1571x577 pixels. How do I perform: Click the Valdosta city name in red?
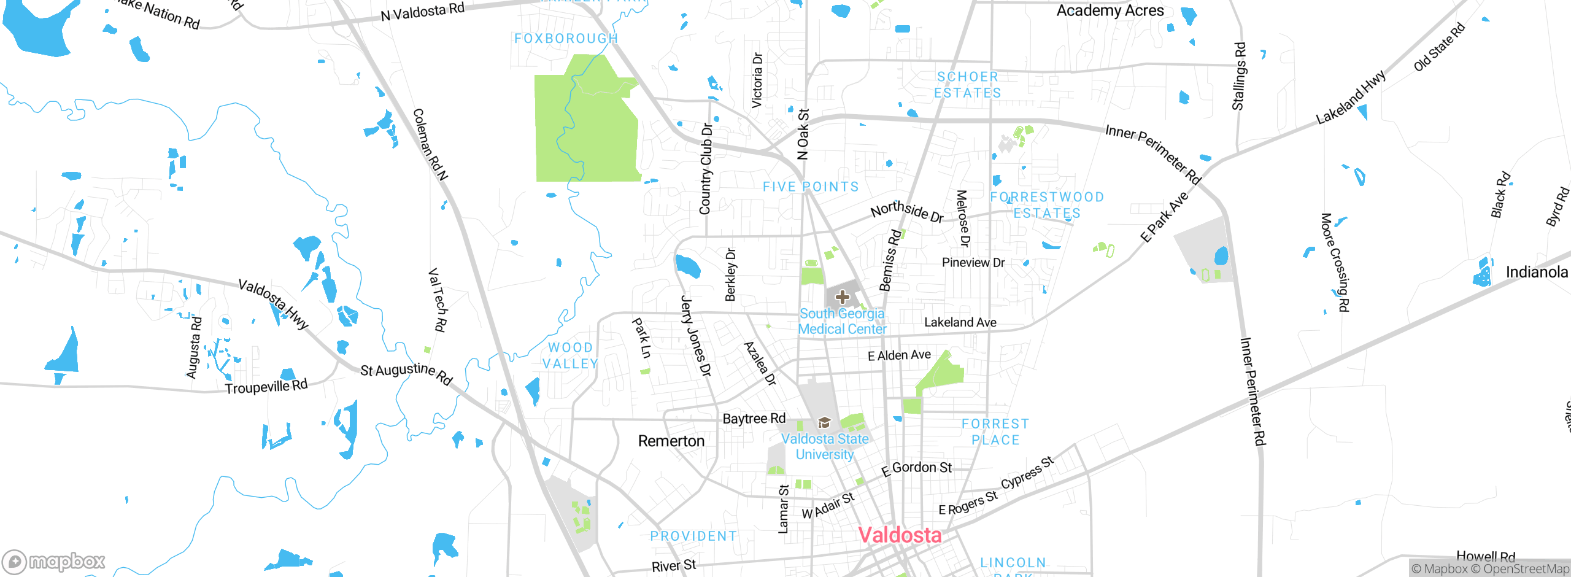pyautogui.click(x=899, y=535)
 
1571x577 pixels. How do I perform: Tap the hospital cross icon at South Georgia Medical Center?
pyautogui.click(x=842, y=297)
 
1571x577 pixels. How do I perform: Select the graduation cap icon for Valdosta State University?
pyautogui.click(x=824, y=422)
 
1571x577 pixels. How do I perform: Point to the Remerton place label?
pyautogui.click(x=671, y=441)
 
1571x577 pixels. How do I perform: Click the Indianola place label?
pyautogui.click(x=1536, y=272)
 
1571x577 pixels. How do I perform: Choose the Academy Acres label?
pyautogui.click(x=1110, y=10)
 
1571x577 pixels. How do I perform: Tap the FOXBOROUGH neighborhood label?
pyautogui.click(x=566, y=39)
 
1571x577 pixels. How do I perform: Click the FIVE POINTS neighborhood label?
pyautogui.click(x=810, y=187)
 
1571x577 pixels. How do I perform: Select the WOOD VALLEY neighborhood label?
pyautogui.click(x=570, y=356)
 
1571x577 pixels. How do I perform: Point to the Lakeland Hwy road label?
pyautogui.click(x=1350, y=98)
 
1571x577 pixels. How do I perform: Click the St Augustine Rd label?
pyautogui.click(x=406, y=372)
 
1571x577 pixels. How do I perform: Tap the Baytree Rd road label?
pyautogui.click(x=754, y=419)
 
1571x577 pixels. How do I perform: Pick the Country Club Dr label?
pyautogui.click(x=706, y=169)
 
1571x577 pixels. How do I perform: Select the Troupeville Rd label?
pyautogui.click(x=266, y=387)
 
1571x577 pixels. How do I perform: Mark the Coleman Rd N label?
pyautogui.click(x=430, y=145)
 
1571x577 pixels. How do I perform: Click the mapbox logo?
pyautogui.click(x=54, y=562)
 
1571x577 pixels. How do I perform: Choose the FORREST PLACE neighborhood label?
pyautogui.click(x=995, y=432)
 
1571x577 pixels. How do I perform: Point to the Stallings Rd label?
pyautogui.click(x=1239, y=76)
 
